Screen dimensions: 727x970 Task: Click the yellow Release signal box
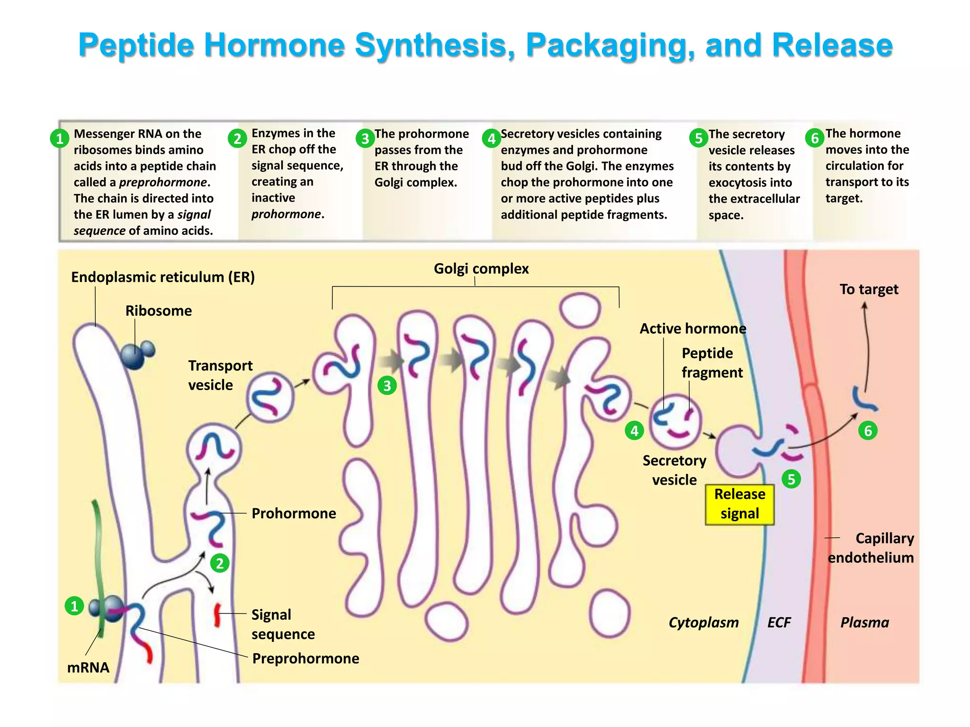(x=739, y=504)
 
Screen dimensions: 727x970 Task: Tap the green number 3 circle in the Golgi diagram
(x=387, y=386)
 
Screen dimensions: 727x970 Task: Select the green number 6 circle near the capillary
(x=868, y=431)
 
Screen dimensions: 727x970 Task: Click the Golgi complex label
(x=481, y=269)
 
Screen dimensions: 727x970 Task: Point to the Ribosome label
(x=158, y=311)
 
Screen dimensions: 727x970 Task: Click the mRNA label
(x=88, y=667)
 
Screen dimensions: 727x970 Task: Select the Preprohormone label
(x=305, y=658)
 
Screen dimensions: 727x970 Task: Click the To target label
(x=869, y=289)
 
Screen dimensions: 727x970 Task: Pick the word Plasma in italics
(x=864, y=622)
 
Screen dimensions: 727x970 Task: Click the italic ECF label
(x=779, y=622)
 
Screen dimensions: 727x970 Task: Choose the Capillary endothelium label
(x=871, y=548)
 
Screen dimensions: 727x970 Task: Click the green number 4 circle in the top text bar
(x=491, y=139)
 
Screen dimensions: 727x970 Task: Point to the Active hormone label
(x=692, y=328)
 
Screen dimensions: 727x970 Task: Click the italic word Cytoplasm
(x=703, y=622)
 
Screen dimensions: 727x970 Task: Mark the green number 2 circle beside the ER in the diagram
(x=220, y=563)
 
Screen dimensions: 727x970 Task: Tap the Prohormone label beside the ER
(x=294, y=514)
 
